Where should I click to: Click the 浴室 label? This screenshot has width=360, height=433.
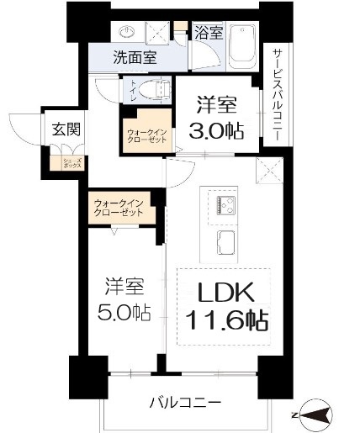(x=209, y=34)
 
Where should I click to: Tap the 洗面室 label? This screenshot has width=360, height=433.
(x=136, y=60)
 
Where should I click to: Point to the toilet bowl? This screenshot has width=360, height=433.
(x=151, y=89)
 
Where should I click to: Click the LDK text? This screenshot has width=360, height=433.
(x=225, y=293)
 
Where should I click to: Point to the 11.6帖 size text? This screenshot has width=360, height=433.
(x=225, y=320)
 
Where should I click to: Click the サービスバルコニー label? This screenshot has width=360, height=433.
(x=277, y=92)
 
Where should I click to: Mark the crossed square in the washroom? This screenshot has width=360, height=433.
(x=156, y=33)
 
